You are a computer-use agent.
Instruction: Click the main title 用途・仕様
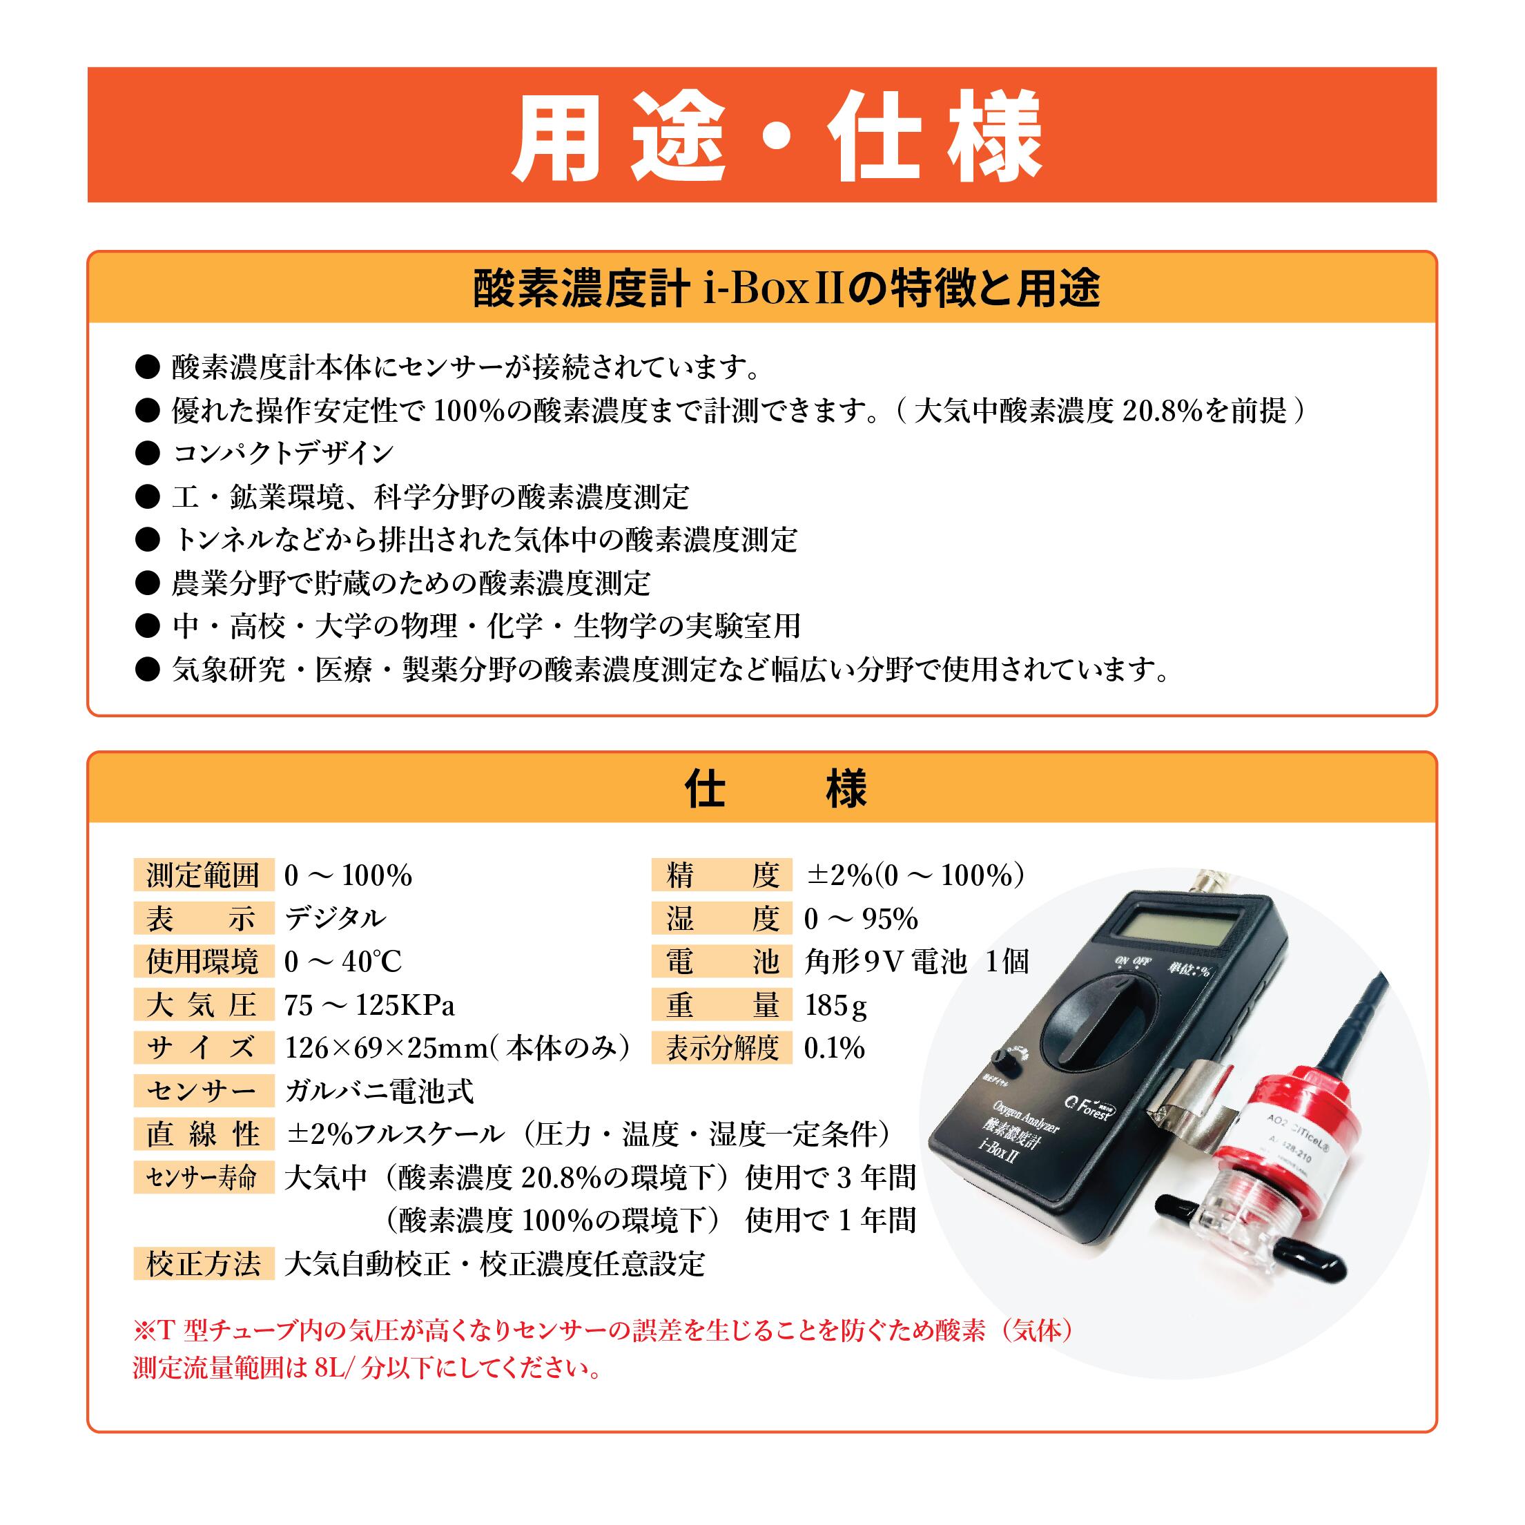click(777, 136)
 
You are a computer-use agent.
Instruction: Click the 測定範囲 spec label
click(203, 875)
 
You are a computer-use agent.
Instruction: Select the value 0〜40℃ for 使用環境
click(342, 962)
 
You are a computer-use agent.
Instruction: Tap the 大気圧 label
click(203, 1005)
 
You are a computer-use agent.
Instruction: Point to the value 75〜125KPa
click(369, 1005)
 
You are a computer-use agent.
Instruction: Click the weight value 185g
click(836, 1005)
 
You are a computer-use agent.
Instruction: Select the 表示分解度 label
click(721, 1048)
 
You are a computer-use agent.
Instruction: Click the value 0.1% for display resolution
click(835, 1048)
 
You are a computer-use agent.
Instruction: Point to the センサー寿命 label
click(203, 1178)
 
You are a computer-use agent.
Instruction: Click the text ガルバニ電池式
click(379, 1091)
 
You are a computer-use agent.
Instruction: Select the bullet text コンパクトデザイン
click(282, 453)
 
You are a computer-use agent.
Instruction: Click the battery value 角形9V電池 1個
click(916, 962)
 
